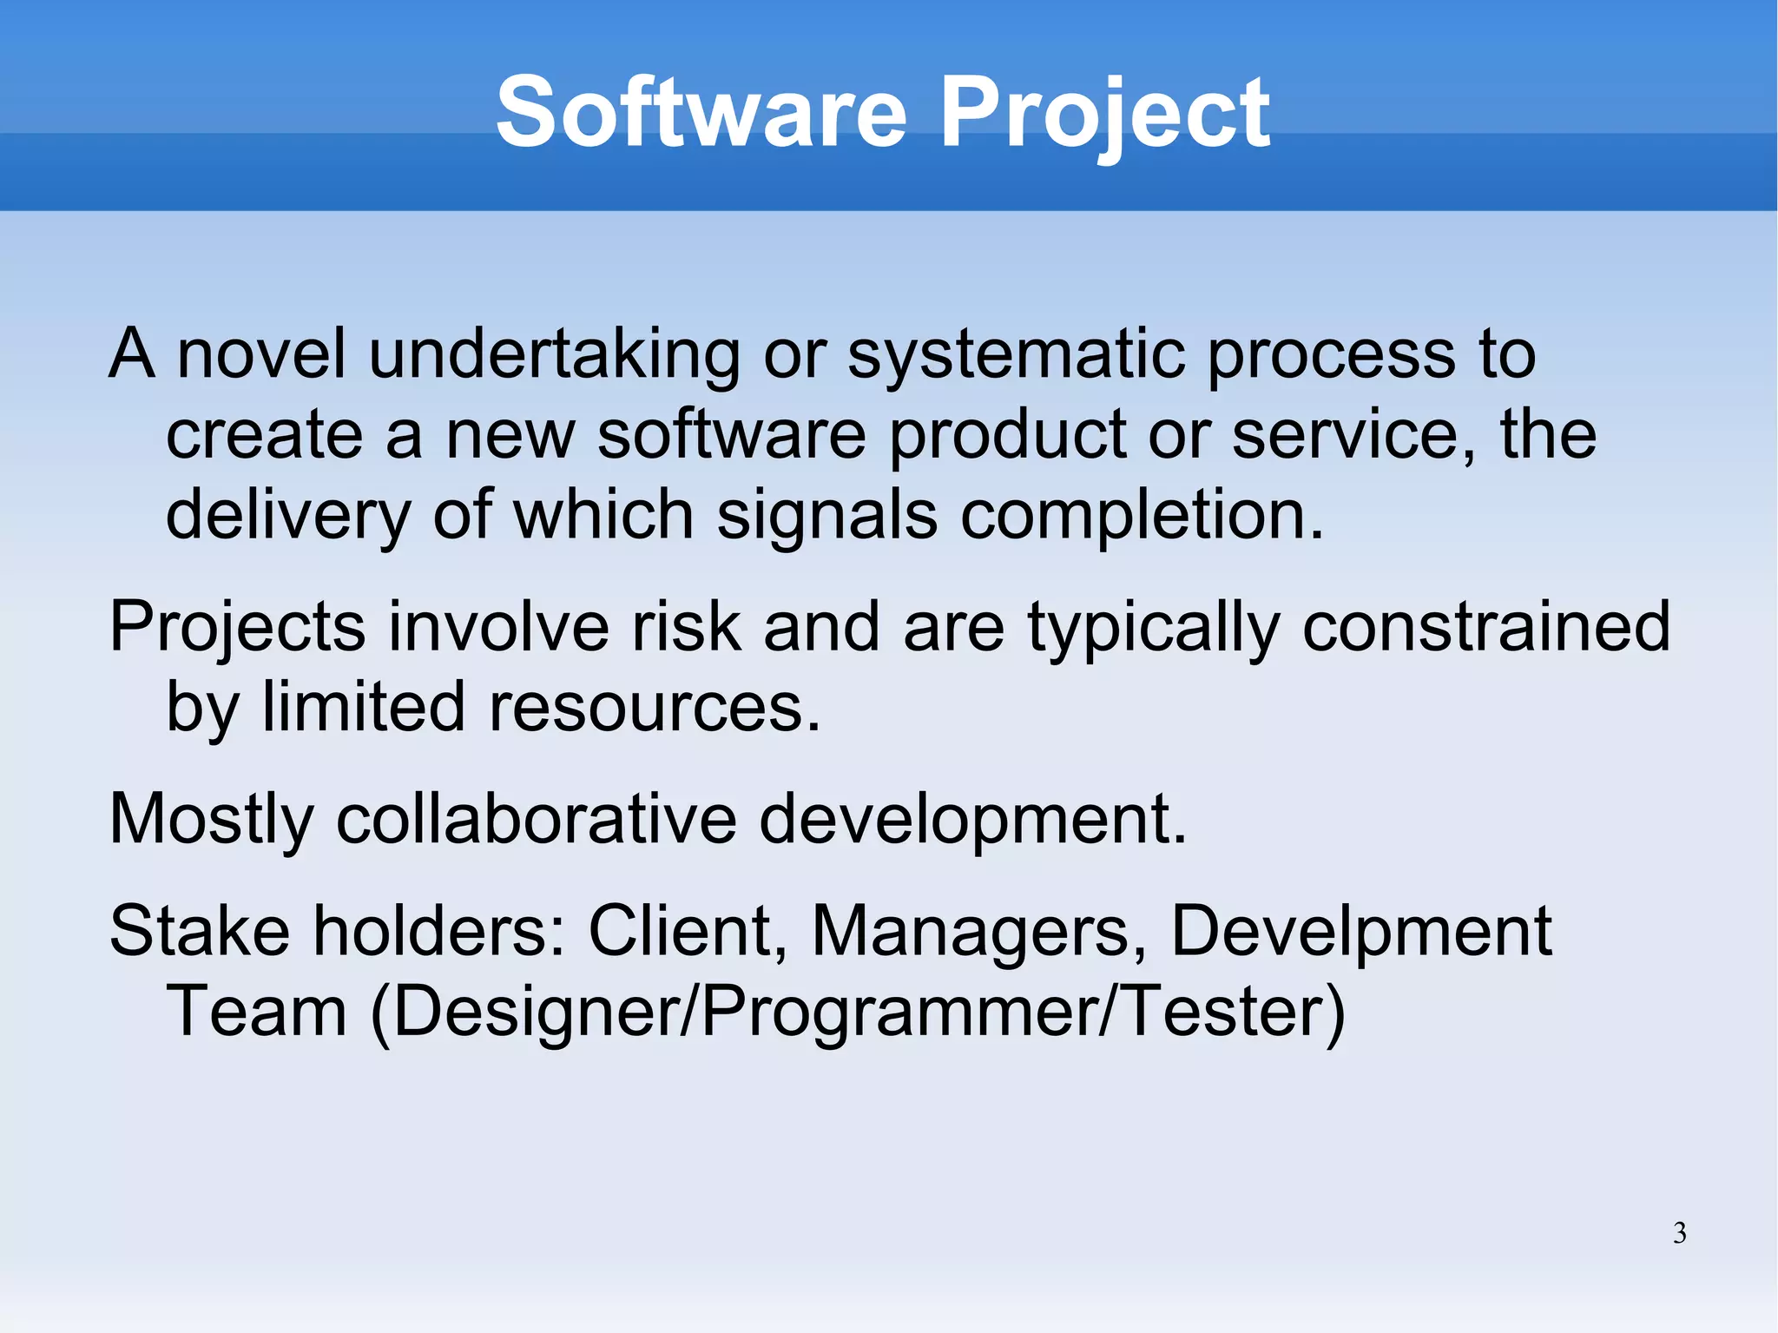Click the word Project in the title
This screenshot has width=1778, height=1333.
[x=1104, y=113]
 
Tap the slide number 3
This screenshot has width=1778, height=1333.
[x=1679, y=1233]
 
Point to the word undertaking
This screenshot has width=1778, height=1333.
[x=554, y=356]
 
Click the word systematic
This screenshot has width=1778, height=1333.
[x=1016, y=356]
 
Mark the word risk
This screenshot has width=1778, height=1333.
[x=686, y=627]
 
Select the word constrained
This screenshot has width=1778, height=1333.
[x=1485, y=627]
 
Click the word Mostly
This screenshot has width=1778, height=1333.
[x=211, y=821]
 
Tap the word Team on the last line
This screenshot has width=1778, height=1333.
[x=256, y=1013]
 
